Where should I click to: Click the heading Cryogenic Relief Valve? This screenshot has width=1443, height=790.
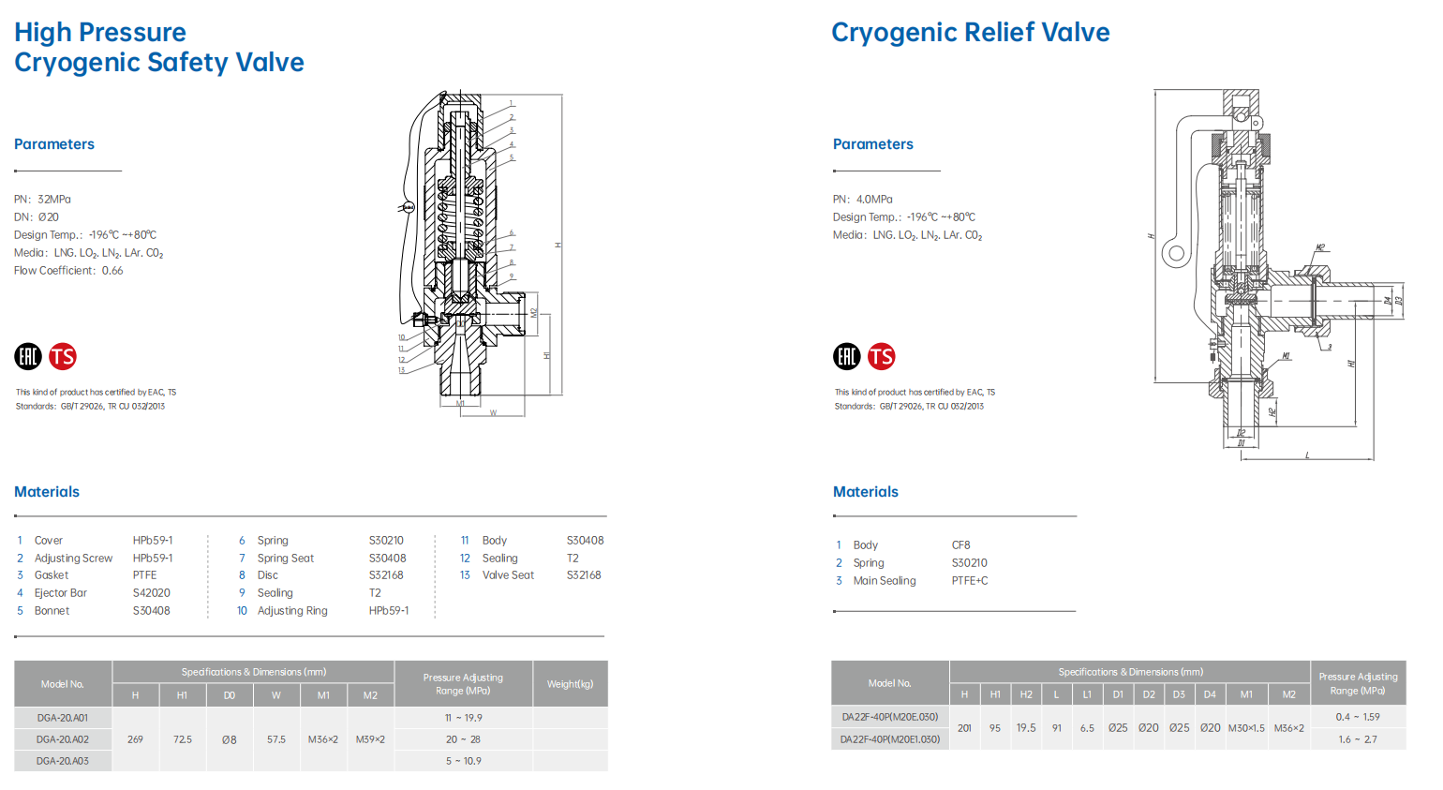point(970,33)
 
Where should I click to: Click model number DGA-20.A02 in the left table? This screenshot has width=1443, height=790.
point(63,739)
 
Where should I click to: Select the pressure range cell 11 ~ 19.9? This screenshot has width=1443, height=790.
point(463,718)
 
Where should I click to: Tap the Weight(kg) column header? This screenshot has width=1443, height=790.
point(570,684)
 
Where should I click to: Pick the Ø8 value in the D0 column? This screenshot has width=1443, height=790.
point(229,739)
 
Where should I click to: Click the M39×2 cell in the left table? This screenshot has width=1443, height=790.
point(370,739)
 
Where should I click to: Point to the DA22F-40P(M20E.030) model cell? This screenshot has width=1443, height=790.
point(889,717)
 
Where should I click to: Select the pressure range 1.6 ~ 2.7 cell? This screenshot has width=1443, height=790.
point(1357,739)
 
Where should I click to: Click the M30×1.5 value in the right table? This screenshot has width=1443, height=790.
point(1245,728)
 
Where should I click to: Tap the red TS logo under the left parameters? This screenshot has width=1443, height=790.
point(63,356)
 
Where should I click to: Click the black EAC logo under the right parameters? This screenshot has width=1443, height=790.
point(846,356)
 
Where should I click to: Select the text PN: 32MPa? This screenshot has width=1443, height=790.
point(42,200)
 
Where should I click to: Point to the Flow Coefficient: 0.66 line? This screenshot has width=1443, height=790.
point(68,271)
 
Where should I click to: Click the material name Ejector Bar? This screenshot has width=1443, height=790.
point(61,593)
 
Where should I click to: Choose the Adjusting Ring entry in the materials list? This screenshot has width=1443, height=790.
point(292,611)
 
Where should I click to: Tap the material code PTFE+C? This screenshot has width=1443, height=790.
point(970,581)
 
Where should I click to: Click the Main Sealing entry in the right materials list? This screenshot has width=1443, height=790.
point(885,581)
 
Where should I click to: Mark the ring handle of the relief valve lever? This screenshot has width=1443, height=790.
point(1175,253)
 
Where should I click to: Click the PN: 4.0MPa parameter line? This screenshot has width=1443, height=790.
point(862,200)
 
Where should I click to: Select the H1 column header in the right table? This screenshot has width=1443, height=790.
point(995,694)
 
